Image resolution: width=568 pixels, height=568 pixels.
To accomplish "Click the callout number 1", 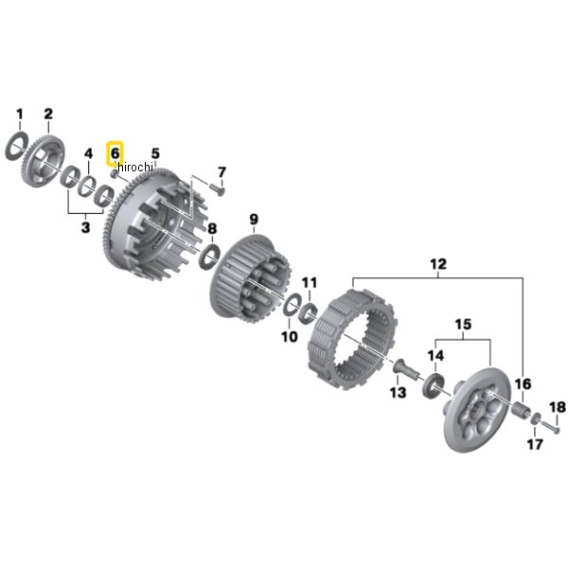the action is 20,115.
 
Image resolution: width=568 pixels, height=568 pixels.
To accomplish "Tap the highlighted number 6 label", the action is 115,153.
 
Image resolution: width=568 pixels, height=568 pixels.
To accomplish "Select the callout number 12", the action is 438,264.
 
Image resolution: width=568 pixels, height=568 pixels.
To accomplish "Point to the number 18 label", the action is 558,407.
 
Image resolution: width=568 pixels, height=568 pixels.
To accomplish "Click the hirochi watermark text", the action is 135,167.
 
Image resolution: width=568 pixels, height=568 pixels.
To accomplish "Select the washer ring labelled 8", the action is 210,257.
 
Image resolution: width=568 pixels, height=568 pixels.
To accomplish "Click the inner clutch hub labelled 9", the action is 250,277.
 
